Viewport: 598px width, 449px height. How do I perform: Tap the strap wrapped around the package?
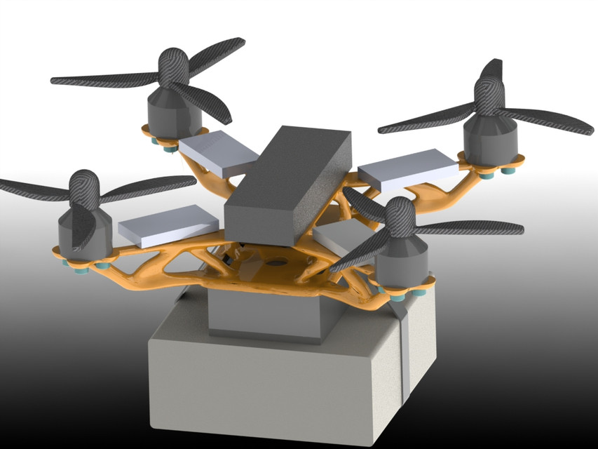click(403, 351)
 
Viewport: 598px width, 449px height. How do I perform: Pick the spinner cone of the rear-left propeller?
click(172, 67)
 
